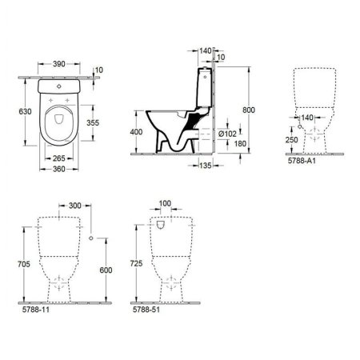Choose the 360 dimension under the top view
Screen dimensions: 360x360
coord(57,169)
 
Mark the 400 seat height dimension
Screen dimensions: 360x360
coord(136,132)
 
